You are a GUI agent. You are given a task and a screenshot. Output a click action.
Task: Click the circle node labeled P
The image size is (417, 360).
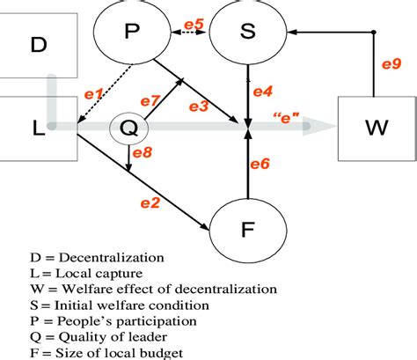pyautogui.click(x=132, y=33)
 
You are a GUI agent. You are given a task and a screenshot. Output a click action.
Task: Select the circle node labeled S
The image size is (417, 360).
pyautogui.click(x=247, y=33)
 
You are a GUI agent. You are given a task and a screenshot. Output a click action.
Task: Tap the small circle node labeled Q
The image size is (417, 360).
pyautogui.click(x=128, y=129)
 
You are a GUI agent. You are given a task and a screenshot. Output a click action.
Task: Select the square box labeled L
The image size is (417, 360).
pyautogui.click(x=37, y=129)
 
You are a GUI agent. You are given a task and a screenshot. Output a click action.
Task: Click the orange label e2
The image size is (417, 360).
pyautogui.click(x=150, y=204)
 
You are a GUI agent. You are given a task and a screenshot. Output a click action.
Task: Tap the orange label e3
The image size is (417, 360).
pyautogui.click(x=199, y=107)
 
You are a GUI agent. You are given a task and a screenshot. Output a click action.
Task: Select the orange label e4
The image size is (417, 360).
pyautogui.click(x=263, y=91)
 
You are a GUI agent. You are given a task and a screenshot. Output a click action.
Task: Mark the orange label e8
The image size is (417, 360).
pyautogui.click(x=142, y=154)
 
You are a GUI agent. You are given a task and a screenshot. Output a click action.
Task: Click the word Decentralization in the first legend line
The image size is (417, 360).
pyautogui.click(x=75, y=258)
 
